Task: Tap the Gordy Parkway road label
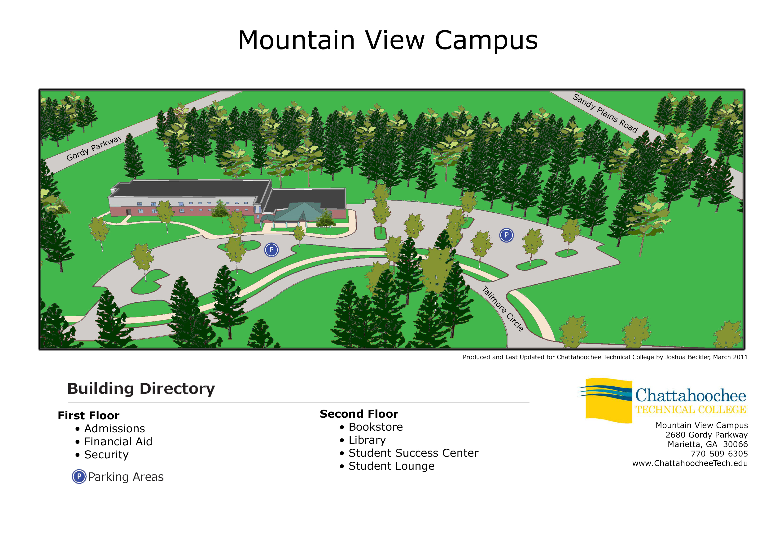click(94, 148)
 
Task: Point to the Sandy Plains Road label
click(605, 113)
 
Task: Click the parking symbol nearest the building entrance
click(271, 250)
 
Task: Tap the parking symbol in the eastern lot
click(506, 235)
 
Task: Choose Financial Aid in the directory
click(118, 441)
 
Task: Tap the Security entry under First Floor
click(106, 455)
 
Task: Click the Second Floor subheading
click(359, 414)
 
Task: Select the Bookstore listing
click(376, 427)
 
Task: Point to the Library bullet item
click(367, 440)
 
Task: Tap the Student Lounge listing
click(392, 466)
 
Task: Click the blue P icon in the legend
click(79, 477)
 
